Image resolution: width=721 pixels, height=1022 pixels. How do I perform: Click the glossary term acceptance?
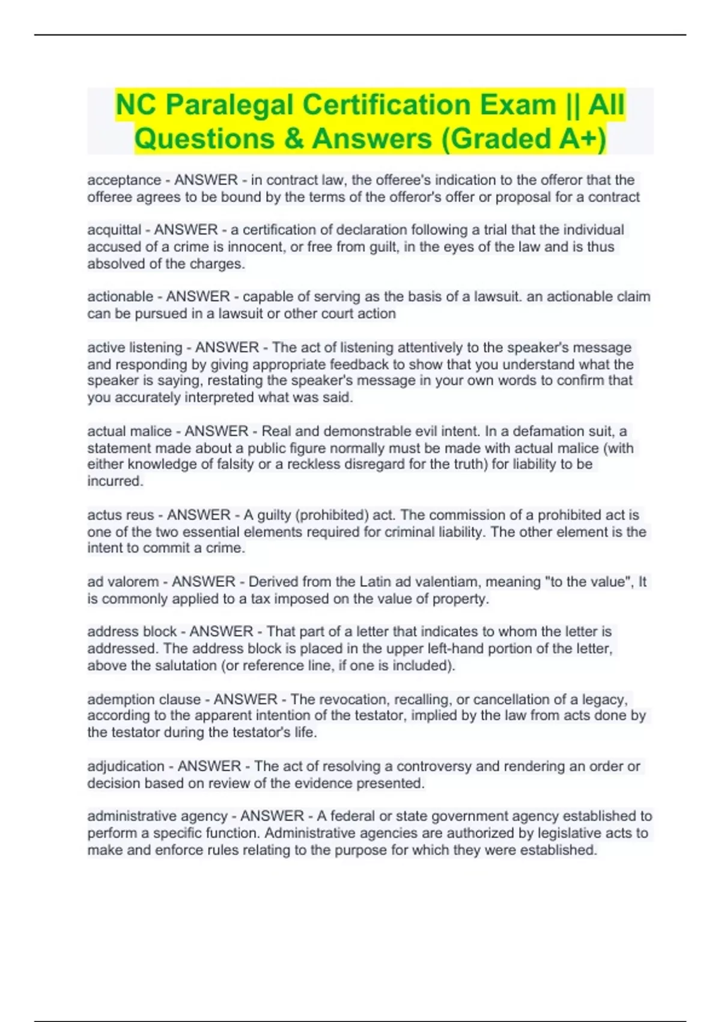click(124, 180)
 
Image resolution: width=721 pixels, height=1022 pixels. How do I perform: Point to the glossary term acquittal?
click(114, 230)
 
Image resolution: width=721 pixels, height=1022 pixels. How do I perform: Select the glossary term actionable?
click(120, 297)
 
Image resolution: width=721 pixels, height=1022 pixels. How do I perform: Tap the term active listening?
click(135, 347)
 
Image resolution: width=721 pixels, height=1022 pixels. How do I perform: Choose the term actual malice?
click(129, 431)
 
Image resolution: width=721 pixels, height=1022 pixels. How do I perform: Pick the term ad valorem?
click(123, 582)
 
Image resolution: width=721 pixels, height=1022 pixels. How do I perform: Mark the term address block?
click(132, 632)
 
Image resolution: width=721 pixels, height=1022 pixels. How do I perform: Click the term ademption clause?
click(144, 699)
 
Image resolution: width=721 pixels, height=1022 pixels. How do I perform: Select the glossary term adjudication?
click(126, 766)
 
